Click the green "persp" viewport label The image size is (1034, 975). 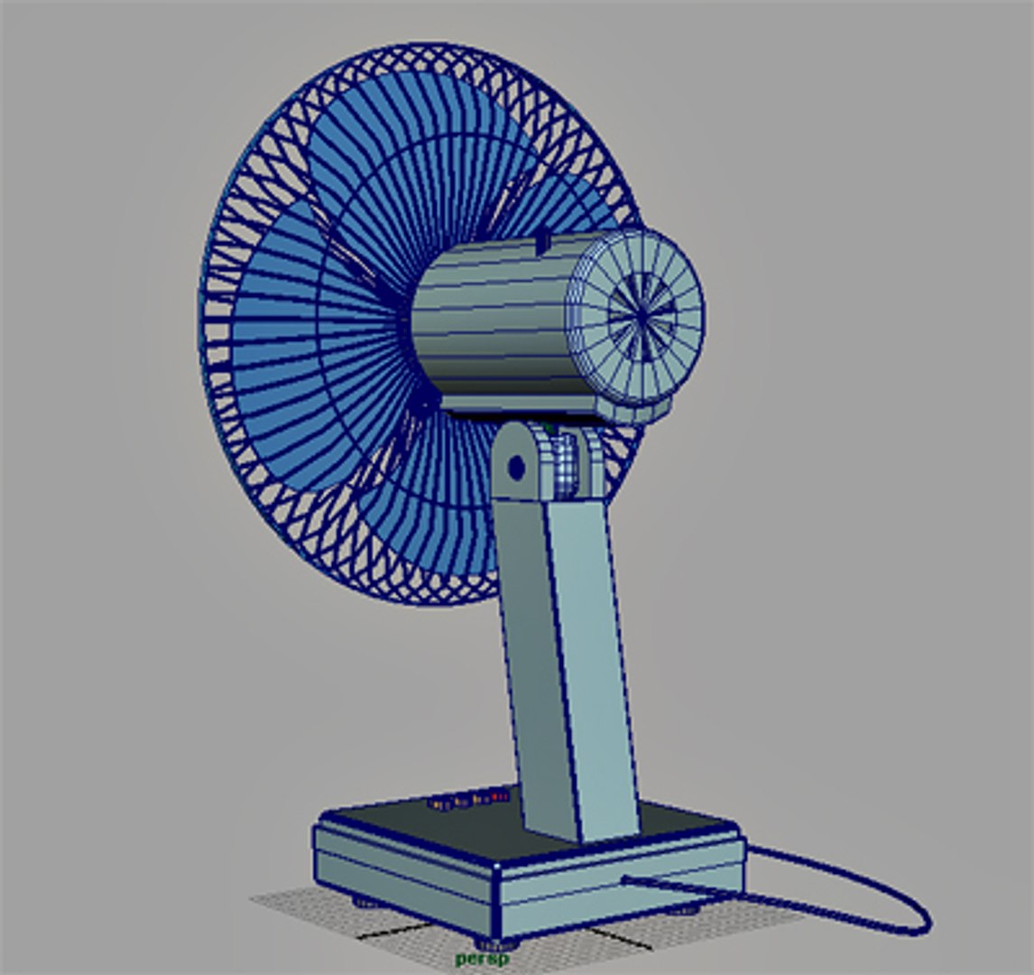[x=482, y=959]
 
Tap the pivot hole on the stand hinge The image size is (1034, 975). [x=516, y=468]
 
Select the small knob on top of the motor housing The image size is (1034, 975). [x=541, y=241]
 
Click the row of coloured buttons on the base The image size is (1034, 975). [x=468, y=800]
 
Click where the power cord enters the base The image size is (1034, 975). [x=624, y=878]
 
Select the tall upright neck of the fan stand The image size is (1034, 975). [x=568, y=659]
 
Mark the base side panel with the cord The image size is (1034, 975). [x=623, y=894]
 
